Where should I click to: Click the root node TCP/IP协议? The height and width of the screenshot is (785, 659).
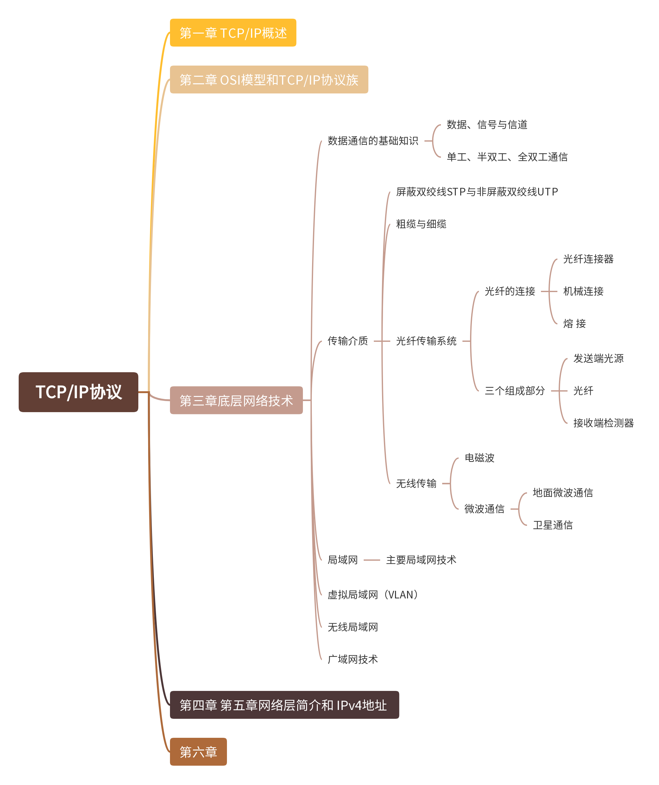pos(78,392)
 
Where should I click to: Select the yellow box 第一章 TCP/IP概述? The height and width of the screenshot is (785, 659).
pos(233,33)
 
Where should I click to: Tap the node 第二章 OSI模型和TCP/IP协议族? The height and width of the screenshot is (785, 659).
pos(269,80)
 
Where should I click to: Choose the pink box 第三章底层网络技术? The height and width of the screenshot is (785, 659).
pos(236,400)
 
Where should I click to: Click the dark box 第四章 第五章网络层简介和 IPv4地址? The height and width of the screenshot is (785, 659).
pos(284,705)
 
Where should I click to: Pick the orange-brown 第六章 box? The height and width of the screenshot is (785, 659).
pos(198,752)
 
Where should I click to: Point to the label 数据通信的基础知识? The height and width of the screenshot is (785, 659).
pos(373,141)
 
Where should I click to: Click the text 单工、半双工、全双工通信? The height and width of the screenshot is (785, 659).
pos(507,157)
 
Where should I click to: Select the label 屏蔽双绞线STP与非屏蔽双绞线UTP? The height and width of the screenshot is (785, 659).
pos(477,192)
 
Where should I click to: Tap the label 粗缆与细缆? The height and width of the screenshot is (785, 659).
pos(421,224)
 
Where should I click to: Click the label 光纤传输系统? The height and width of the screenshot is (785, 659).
pos(426,341)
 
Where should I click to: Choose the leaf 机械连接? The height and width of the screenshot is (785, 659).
pos(583,291)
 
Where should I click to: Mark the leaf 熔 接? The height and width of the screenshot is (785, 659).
pos(574,323)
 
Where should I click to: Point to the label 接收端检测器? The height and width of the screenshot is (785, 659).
pos(603,423)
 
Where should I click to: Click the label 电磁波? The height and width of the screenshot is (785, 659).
pos(479,458)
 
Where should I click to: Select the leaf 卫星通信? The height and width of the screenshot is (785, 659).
pos(553,525)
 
